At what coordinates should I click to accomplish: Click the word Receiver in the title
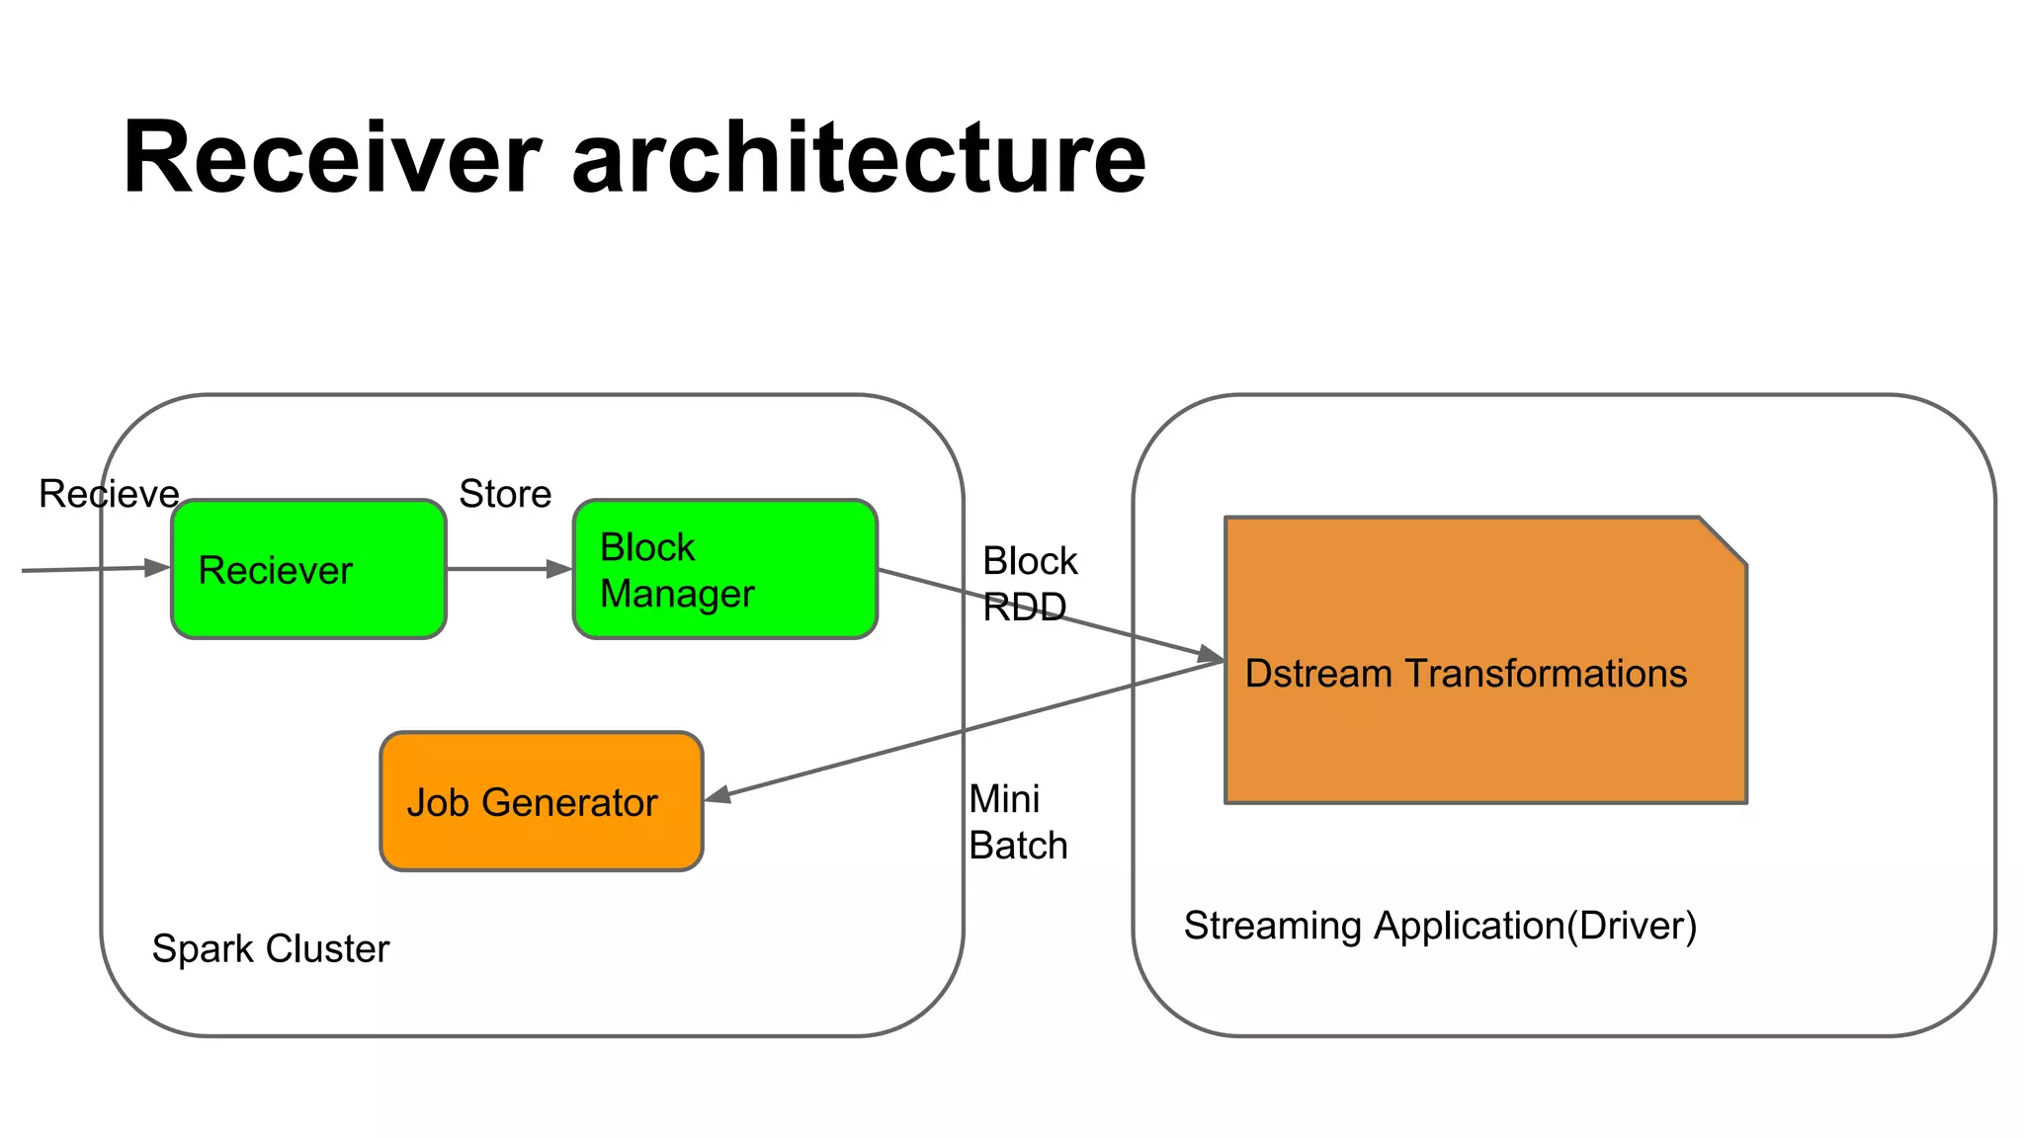(x=331, y=158)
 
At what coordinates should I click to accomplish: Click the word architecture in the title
(x=858, y=158)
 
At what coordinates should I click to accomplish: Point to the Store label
(x=505, y=494)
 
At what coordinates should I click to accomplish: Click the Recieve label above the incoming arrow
(x=109, y=494)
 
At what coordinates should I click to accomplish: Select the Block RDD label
(x=1029, y=583)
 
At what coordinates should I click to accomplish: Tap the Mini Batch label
(x=1018, y=822)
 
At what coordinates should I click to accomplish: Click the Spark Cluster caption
(x=270, y=948)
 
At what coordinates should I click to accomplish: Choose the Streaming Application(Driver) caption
(x=1440, y=926)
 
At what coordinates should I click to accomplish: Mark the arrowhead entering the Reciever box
(x=157, y=567)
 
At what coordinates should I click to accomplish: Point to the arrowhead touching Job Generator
(x=717, y=794)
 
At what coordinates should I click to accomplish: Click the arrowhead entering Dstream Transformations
(x=1210, y=655)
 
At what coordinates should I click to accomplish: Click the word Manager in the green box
(x=677, y=594)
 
